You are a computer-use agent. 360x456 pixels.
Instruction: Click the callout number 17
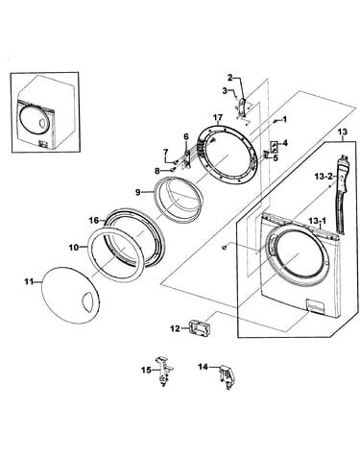point(218,118)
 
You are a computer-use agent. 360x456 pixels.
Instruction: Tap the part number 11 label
point(29,281)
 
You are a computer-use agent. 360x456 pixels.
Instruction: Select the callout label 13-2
point(323,176)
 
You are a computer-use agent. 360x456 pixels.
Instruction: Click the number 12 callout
point(175,328)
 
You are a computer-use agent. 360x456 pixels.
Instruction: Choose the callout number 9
point(138,192)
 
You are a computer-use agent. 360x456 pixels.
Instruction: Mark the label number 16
point(94,221)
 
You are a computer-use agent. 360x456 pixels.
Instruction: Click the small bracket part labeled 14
point(226,377)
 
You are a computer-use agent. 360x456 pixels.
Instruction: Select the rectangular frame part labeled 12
point(198,328)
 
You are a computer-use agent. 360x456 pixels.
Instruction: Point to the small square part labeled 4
point(275,147)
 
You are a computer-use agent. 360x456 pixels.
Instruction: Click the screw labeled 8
point(174,170)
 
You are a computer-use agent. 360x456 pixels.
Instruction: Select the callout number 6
point(186,136)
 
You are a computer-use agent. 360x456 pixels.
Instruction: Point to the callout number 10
point(74,248)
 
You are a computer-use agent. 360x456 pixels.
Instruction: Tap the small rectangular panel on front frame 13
point(316,306)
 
